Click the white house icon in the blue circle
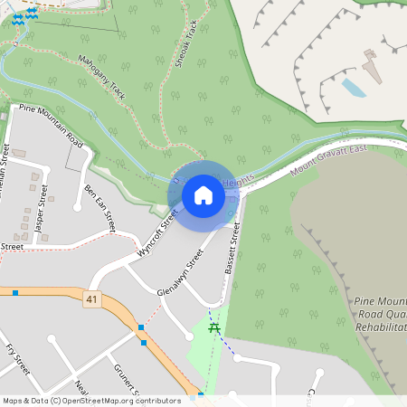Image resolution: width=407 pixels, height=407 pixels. pos(203,194)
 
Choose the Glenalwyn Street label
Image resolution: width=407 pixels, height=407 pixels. pos(179,269)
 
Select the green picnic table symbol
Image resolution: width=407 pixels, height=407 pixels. pos(215,328)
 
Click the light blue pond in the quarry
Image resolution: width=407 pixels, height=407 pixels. pos(354,88)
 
